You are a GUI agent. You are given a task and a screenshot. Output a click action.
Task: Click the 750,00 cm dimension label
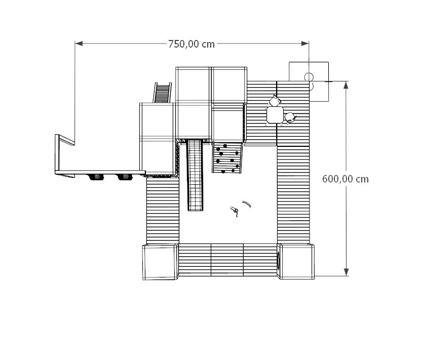click(191, 44)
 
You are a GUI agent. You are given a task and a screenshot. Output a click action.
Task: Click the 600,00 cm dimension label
click(345, 179)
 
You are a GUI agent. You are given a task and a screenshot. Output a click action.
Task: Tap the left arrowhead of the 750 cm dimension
click(79, 44)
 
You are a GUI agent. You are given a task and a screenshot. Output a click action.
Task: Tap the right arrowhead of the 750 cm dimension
click(305, 44)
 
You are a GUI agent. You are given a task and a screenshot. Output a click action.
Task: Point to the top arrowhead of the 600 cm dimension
click(346, 85)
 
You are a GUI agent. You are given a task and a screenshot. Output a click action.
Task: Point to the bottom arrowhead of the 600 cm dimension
click(346, 272)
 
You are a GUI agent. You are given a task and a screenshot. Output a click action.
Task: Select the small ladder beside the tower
click(163, 93)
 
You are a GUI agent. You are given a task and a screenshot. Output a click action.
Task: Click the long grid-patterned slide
click(195, 175)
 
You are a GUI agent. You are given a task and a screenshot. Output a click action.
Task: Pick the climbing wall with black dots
click(227, 158)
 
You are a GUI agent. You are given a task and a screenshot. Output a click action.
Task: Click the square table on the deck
click(275, 115)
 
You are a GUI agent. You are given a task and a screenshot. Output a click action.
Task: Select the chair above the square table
click(275, 101)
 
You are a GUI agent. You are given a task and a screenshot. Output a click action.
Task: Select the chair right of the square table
click(290, 117)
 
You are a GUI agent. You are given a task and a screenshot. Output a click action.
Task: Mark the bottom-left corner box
click(160, 262)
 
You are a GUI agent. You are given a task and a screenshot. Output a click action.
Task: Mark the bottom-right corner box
click(296, 261)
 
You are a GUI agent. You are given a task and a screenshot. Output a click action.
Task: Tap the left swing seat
click(97, 177)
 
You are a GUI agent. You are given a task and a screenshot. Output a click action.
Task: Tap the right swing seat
click(125, 177)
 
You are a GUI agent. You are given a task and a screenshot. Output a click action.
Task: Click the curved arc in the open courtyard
click(247, 204)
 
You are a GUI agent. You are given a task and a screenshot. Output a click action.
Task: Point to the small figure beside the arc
click(235, 211)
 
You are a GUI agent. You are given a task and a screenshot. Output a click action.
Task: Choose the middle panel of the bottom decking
click(227, 260)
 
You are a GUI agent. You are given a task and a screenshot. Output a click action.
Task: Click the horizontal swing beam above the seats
click(100, 172)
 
